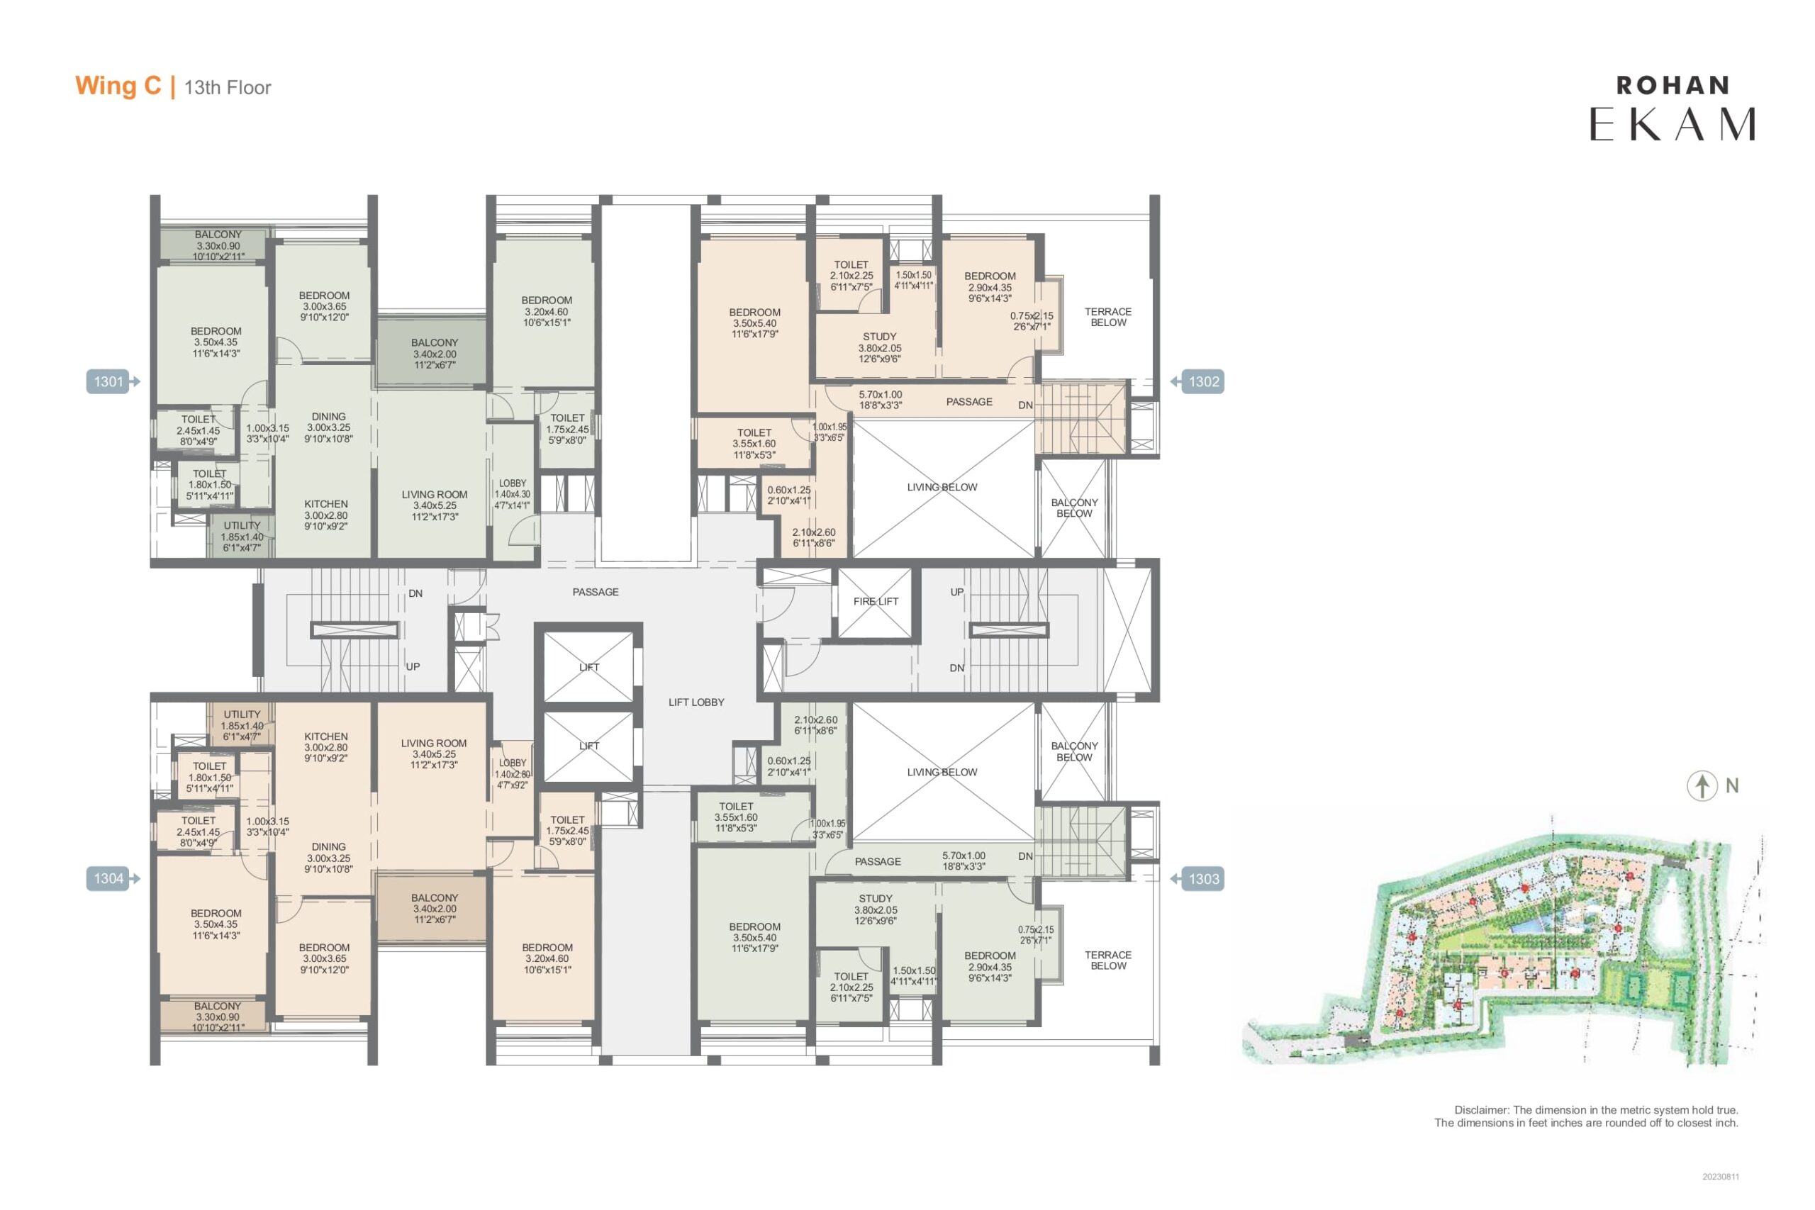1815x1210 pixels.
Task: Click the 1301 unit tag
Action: click(108, 381)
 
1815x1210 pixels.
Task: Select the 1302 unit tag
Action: click(1203, 381)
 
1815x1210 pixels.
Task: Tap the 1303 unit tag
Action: click(1203, 879)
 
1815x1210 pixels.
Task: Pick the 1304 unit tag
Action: click(108, 878)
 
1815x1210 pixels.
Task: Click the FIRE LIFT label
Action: click(876, 601)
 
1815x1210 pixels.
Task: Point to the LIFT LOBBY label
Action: click(696, 702)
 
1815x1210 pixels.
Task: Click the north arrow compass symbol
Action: click(1702, 786)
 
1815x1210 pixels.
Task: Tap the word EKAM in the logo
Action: click(1672, 124)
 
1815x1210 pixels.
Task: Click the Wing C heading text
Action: click(118, 86)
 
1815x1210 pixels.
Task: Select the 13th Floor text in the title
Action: click(228, 87)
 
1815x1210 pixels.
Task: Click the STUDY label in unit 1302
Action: click(880, 337)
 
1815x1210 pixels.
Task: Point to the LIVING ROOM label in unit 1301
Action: click(435, 495)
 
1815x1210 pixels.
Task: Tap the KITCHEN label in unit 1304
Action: click(325, 736)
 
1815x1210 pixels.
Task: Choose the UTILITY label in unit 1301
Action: click(242, 525)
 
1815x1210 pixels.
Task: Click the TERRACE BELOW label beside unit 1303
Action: click(1108, 960)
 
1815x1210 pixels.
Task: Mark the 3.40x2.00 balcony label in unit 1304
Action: click(435, 909)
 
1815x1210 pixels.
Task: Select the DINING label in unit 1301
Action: click(329, 416)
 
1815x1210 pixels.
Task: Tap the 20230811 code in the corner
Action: click(1721, 1177)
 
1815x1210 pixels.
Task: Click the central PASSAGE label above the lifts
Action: click(596, 592)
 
